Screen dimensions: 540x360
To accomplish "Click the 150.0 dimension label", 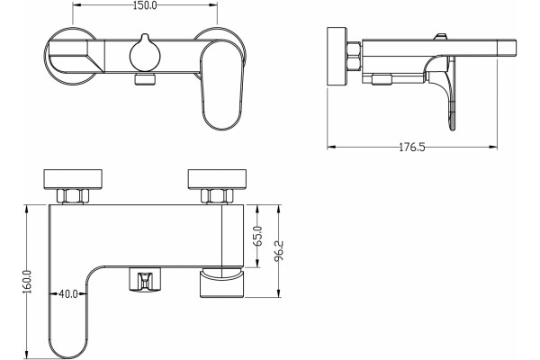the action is [x=145, y=5].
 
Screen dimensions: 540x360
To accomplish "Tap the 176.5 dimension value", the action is [x=412, y=148].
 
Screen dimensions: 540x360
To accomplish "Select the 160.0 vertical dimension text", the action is [x=27, y=282].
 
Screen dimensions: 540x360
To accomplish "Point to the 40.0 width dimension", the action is [x=68, y=294].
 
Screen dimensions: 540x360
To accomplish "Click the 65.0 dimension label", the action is [x=258, y=236].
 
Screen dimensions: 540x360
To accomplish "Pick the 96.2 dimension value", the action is [x=279, y=250].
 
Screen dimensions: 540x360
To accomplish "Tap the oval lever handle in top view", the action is [x=220, y=85].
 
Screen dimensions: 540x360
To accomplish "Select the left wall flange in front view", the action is [x=73, y=179].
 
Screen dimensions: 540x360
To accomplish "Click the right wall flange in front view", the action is [x=217, y=179].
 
